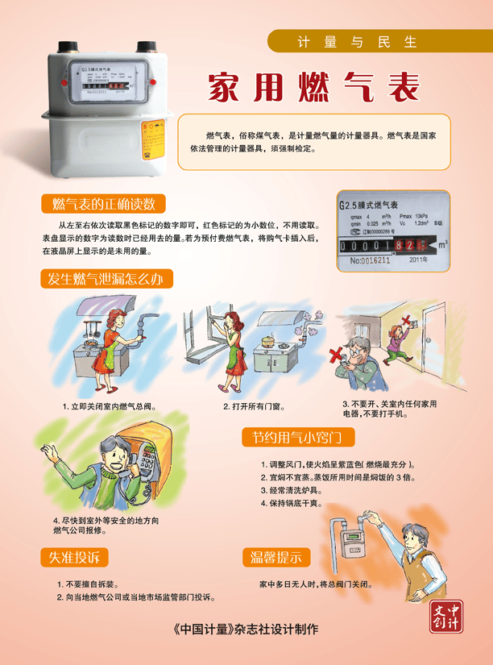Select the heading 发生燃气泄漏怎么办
click(x=106, y=279)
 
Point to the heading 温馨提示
click(x=276, y=557)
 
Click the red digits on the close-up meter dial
click(x=413, y=243)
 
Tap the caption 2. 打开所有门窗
click(x=255, y=406)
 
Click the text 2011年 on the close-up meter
click(x=418, y=260)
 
